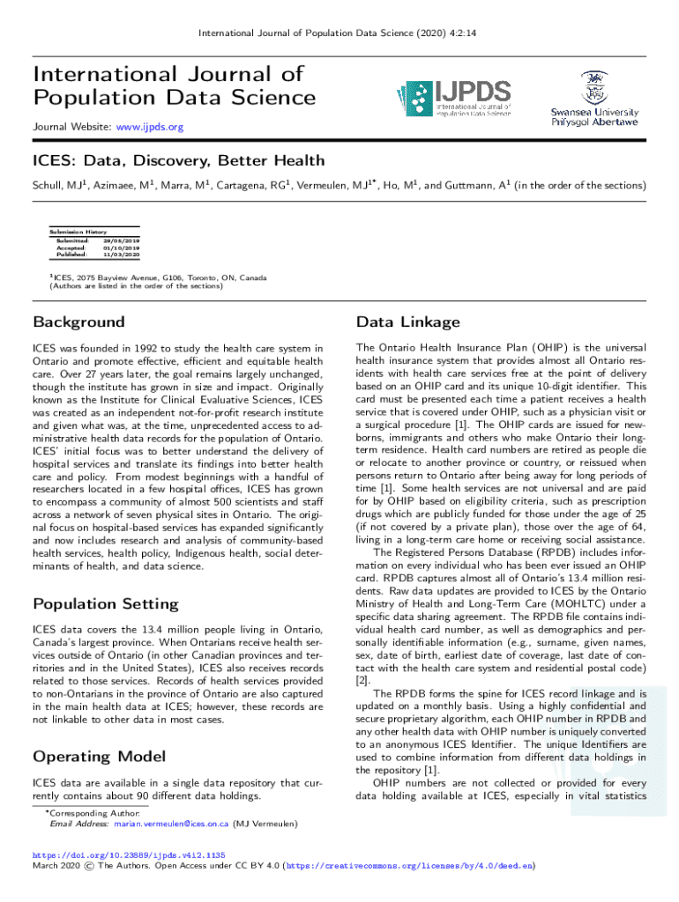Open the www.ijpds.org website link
click(148, 128)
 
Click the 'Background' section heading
click(78, 322)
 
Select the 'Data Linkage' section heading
click(407, 322)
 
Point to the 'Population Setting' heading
click(105, 603)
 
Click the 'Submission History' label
click(78, 232)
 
